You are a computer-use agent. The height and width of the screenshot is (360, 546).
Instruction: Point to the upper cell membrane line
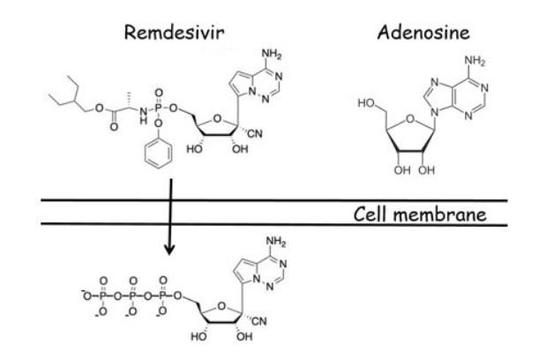[265, 201]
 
